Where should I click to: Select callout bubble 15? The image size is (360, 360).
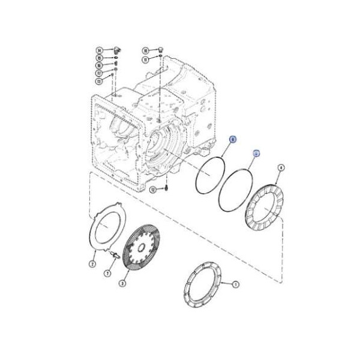(99, 58)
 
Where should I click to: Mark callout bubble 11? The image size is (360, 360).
(145, 59)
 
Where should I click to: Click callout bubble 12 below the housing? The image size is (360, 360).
(152, 190)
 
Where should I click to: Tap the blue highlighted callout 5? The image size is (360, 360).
(256, 153)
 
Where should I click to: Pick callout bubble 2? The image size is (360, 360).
(93, 263)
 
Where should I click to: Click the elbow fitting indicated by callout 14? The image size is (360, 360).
(116, 48)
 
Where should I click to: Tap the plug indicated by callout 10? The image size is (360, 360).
(160, 48)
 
